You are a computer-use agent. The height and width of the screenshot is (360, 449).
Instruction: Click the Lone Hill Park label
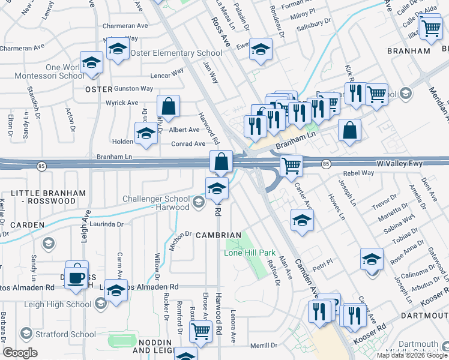coord(249,253)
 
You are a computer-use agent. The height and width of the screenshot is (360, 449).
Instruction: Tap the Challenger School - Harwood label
coord(156,203)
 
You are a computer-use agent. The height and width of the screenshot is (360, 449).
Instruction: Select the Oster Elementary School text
coord(179,53)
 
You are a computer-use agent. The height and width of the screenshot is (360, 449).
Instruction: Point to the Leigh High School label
coord(59,304)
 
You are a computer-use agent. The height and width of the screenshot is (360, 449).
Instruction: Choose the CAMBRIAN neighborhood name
coord(218,235)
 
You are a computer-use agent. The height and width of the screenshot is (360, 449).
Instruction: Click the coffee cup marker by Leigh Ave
coord(77,276)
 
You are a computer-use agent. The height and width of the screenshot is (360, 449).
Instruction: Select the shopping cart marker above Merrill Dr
coord(200,331)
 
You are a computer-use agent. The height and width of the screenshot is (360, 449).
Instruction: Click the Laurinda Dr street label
coord(106,224)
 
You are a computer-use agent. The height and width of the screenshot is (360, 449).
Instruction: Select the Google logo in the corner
coord(20,353)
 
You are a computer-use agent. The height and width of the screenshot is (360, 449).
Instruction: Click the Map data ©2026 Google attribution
coord(411,355)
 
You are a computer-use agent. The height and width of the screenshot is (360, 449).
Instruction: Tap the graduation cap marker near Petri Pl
coord(372,262)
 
